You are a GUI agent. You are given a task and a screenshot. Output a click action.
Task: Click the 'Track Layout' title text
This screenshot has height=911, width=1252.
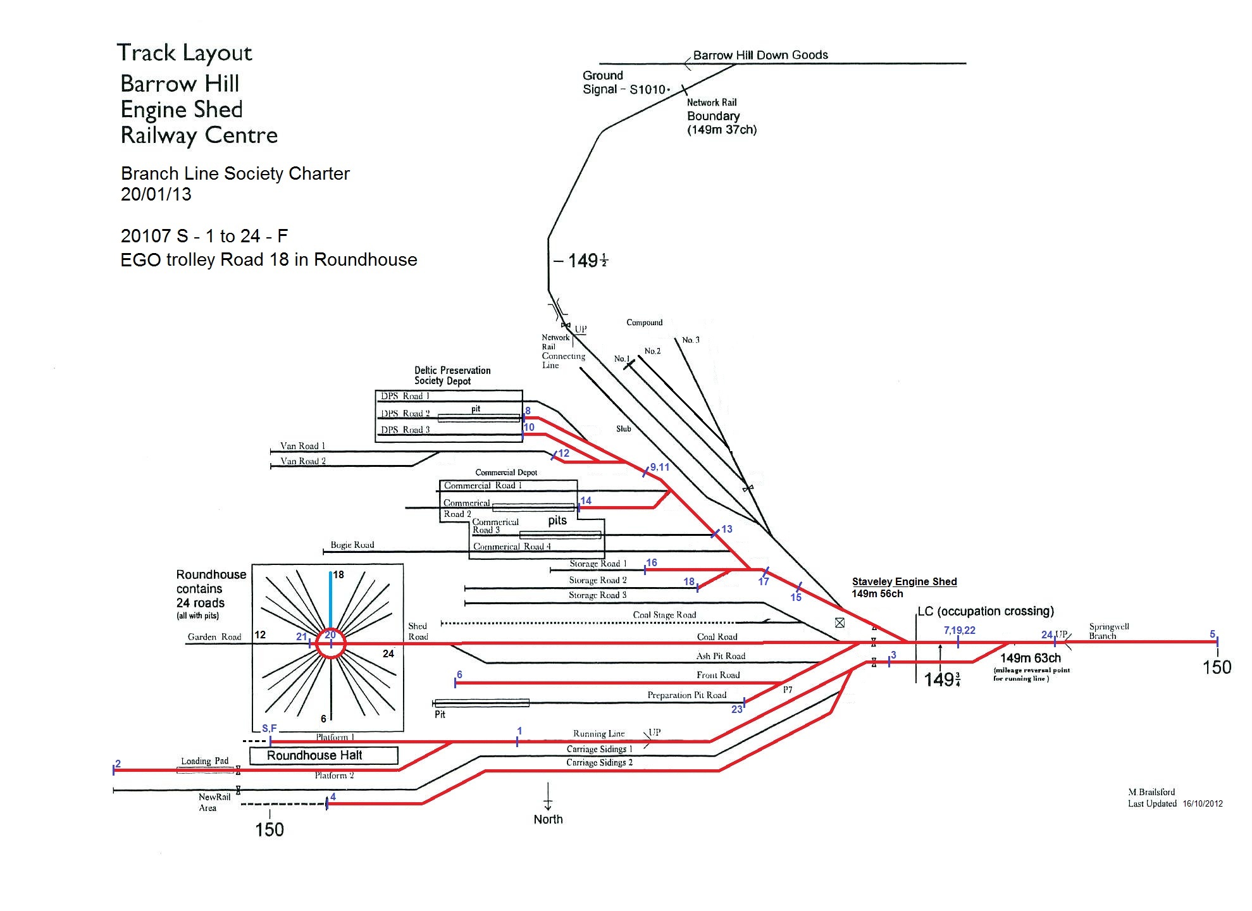pos(184,53)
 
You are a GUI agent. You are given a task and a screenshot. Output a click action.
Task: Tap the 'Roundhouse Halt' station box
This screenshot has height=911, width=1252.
pos(314,755)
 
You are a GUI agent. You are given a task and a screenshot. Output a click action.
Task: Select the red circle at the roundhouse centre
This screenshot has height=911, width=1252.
pos(331,644)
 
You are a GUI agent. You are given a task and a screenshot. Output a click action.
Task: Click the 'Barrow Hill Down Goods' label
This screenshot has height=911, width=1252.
pos(760,55)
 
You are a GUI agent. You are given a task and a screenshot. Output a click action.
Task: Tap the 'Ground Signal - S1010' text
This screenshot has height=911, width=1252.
pos(624,83)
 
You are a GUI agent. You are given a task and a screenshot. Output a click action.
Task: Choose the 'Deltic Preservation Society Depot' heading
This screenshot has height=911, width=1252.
pos(452,375)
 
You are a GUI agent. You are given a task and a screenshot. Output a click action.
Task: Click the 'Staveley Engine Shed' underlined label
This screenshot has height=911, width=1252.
pos(904,581)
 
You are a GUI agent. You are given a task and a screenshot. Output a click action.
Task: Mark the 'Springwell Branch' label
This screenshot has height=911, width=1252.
pos(1108,631)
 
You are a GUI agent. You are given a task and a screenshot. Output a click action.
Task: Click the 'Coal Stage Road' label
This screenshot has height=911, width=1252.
pos(664,615)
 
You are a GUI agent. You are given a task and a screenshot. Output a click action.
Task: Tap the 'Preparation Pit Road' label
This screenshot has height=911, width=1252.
pos(686,695)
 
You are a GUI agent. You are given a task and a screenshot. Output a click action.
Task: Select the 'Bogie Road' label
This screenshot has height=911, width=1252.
pos(352,545)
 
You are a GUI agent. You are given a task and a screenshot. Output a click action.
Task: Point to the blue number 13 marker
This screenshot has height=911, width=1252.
pos(726,529)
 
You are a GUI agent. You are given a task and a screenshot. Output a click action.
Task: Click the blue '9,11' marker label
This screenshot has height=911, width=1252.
pos(659,467)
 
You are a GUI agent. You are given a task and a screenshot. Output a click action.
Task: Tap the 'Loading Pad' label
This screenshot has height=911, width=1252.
pos(204,761)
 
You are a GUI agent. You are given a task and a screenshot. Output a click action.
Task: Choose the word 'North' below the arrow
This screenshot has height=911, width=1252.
pos(548,819)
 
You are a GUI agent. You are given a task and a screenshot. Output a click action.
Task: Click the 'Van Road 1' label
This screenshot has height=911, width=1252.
pos(302,446)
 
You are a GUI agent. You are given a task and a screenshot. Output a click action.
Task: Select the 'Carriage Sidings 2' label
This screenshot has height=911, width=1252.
pos(599,762)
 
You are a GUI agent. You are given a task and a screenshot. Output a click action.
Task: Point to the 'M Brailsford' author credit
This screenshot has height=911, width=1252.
pos(1151,792)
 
